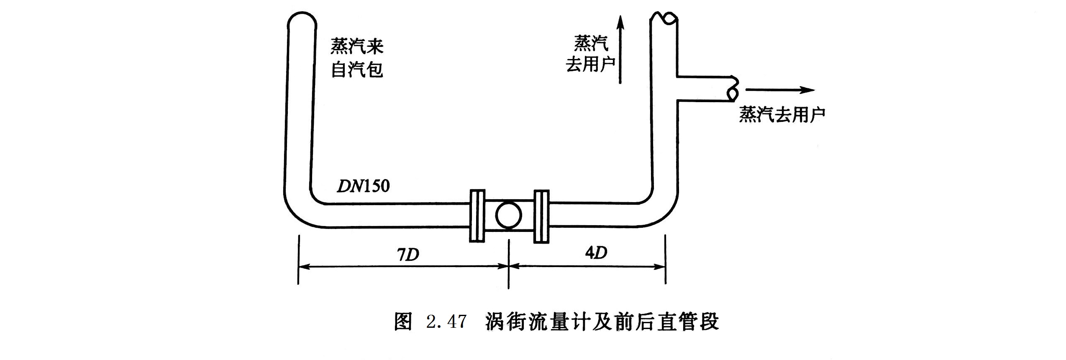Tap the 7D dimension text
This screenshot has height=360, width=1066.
[408, 254]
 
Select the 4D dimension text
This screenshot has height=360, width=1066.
[596, 252]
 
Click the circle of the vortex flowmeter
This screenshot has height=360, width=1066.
[508, 216]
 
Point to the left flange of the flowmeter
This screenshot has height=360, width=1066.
[477, 216]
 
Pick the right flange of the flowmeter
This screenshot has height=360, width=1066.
[541, 216]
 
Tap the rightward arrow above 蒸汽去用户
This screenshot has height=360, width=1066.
[780, 90]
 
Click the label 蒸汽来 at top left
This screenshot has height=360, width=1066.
[357, 46]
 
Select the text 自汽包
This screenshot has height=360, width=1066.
[357, 69]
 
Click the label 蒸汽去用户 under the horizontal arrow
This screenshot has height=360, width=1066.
[782, 114]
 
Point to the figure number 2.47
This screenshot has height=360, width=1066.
[446, 322]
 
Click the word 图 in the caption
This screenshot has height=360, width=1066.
[403, 322]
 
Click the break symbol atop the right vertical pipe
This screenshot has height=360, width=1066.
[664, 18]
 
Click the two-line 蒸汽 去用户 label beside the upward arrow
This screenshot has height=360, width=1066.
[591, 54]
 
